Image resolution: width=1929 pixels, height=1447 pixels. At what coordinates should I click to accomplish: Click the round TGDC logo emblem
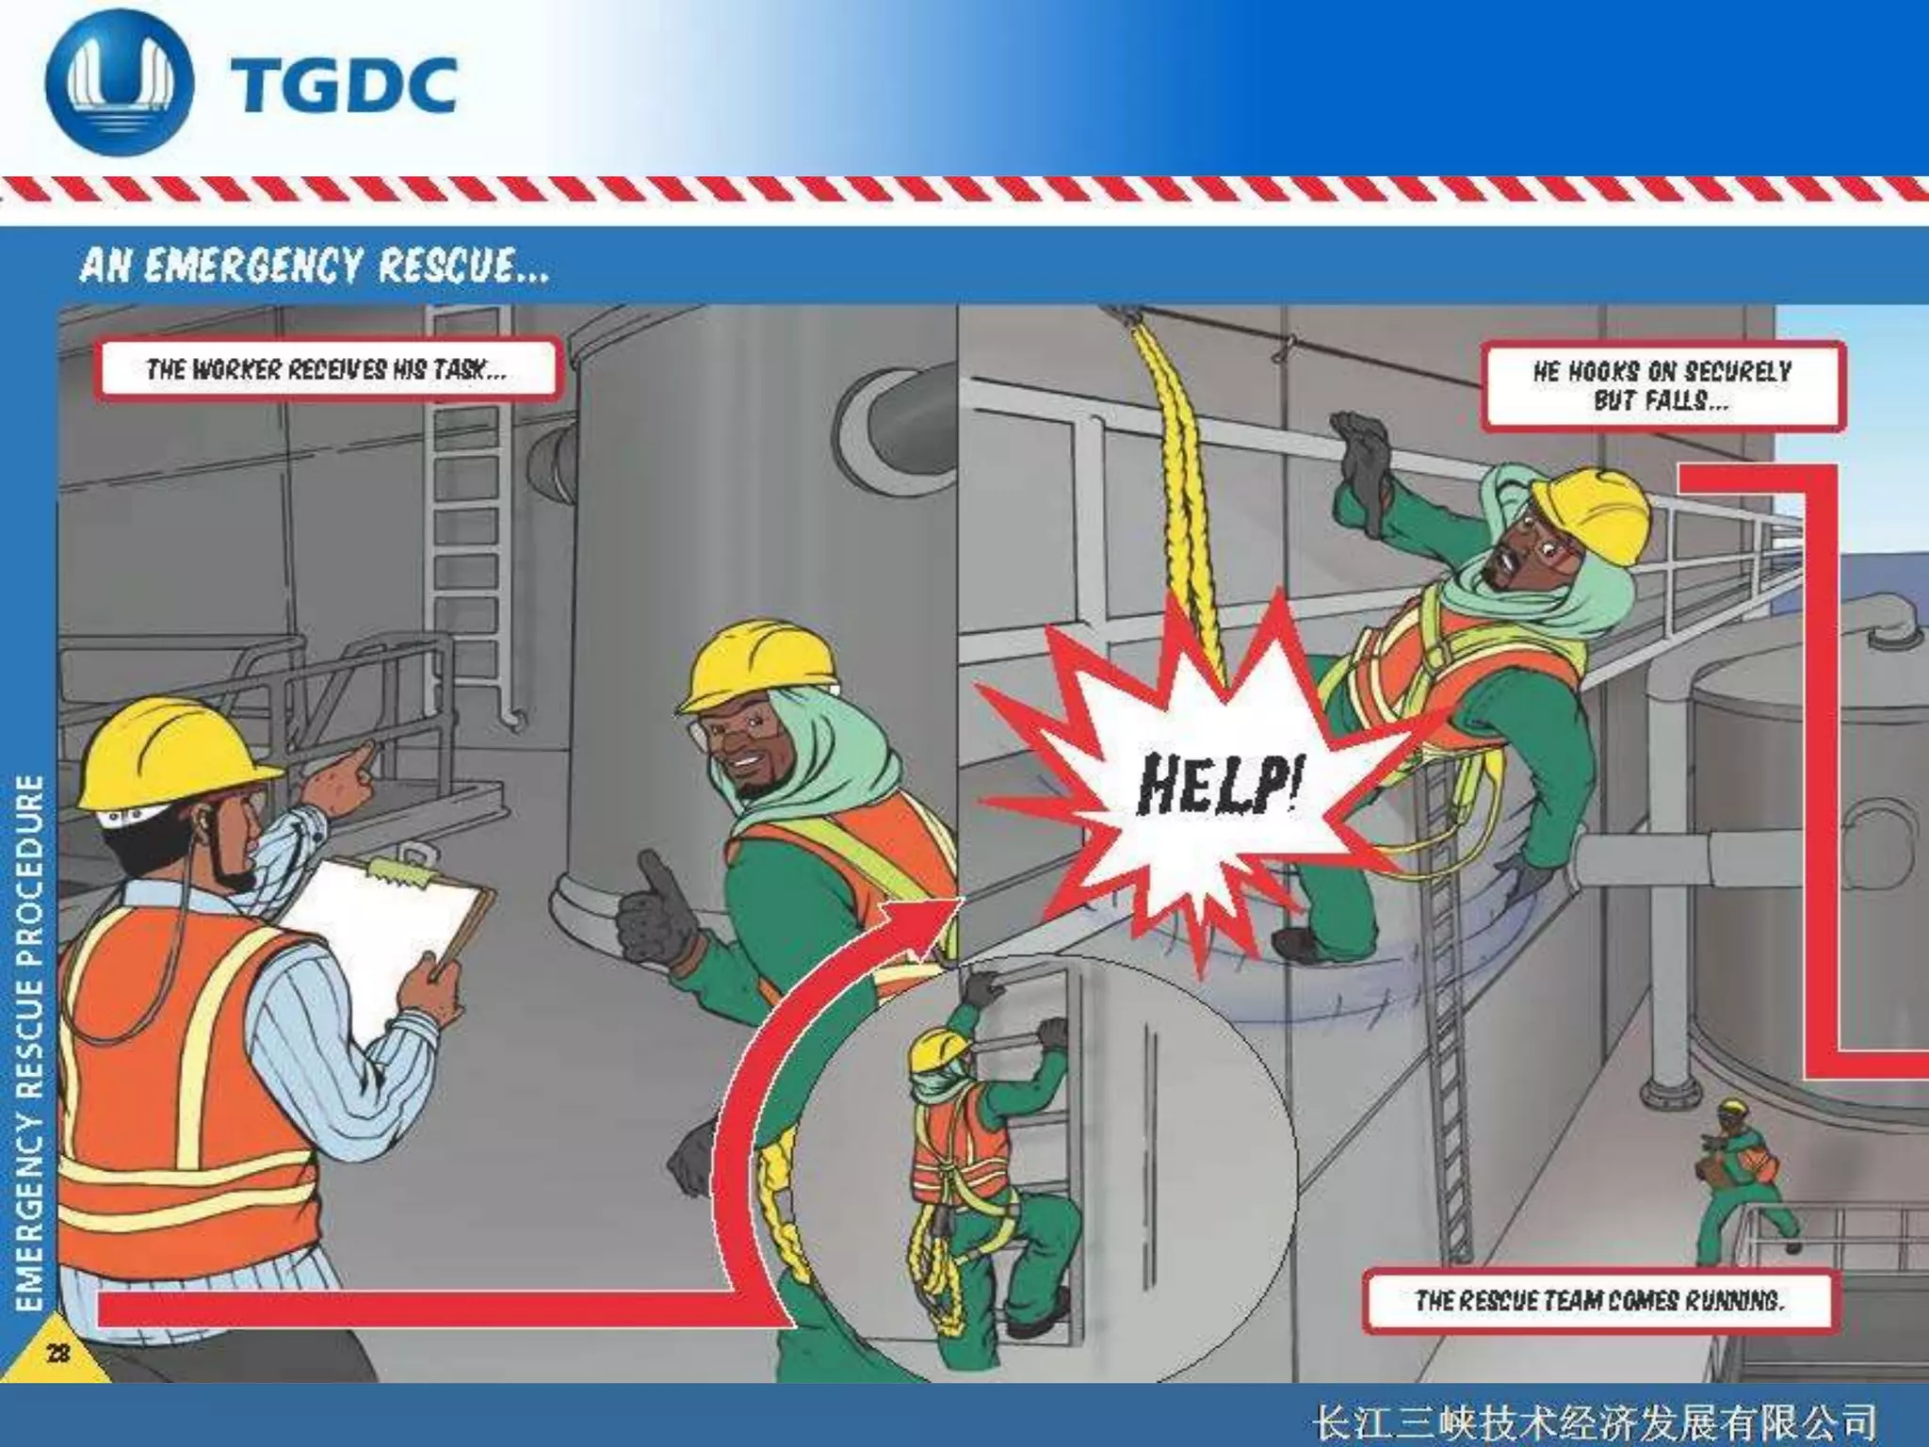pos(120,83)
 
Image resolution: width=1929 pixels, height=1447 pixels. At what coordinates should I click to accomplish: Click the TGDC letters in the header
pos(342,86)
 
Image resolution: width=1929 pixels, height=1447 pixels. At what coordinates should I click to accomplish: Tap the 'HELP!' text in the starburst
pos(1220,783)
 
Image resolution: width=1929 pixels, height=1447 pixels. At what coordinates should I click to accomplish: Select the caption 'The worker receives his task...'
pos(326,368)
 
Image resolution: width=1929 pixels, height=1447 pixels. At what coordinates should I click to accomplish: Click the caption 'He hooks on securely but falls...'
pos(1662,386)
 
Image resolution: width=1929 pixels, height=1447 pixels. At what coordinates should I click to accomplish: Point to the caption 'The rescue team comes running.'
pos(1598,1301)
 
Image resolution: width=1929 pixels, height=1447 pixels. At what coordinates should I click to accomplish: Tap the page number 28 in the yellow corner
pos(57,1353)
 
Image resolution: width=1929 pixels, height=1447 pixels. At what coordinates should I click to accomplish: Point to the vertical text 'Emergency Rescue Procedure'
pos(31,1042)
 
